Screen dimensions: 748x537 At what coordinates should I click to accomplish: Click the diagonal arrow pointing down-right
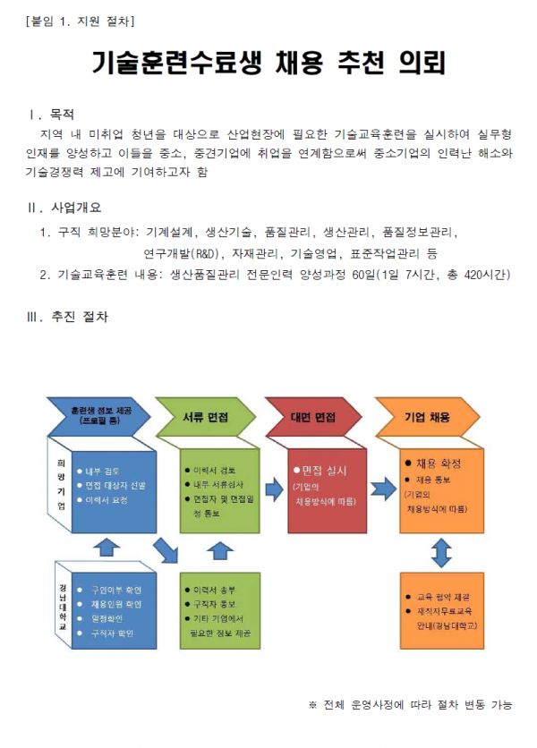coord(167,551)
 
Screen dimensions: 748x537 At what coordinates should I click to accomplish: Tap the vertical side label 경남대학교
coord(62,604)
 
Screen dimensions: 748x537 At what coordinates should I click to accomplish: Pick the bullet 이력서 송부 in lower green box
coord(215,591)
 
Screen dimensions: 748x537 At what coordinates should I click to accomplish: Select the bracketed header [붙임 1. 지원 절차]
coord(81,20)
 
